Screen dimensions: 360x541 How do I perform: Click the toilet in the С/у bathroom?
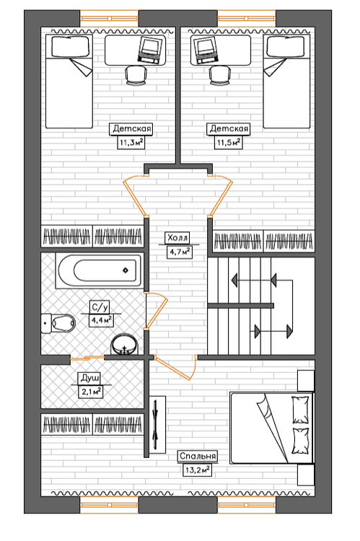click(x=58, y=323)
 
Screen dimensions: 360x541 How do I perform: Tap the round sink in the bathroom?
click(x=124, y=344)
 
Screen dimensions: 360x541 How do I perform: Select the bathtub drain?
click(x=126, y=270)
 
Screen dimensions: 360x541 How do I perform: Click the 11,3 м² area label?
click(x=131, y=142)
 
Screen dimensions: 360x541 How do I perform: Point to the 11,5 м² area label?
click(x=228, y=142)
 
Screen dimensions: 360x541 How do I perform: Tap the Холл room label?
click(x=177, y=238)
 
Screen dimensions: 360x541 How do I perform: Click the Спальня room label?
click(x=198, y=456)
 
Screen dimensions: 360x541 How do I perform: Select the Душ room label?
click(x=90, y=378)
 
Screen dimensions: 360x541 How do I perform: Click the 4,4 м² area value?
click(x=101, y=320)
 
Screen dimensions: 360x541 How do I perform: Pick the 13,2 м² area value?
click(x=196, y=470)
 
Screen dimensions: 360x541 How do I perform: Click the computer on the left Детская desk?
click(x=151, y=49)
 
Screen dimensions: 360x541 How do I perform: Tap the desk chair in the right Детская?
click(x=220, y=75)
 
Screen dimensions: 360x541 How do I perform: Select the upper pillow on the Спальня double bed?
click(x=300, y=410)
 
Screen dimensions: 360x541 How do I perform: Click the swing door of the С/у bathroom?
click(x=156, y=310)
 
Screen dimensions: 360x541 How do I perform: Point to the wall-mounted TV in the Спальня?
click(x=157, y=424)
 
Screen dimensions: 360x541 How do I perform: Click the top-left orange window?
click(x=110, y=18)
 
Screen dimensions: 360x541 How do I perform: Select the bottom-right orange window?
click(x=247, y=505)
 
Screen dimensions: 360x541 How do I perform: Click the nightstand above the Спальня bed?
click(x=306, y=381)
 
